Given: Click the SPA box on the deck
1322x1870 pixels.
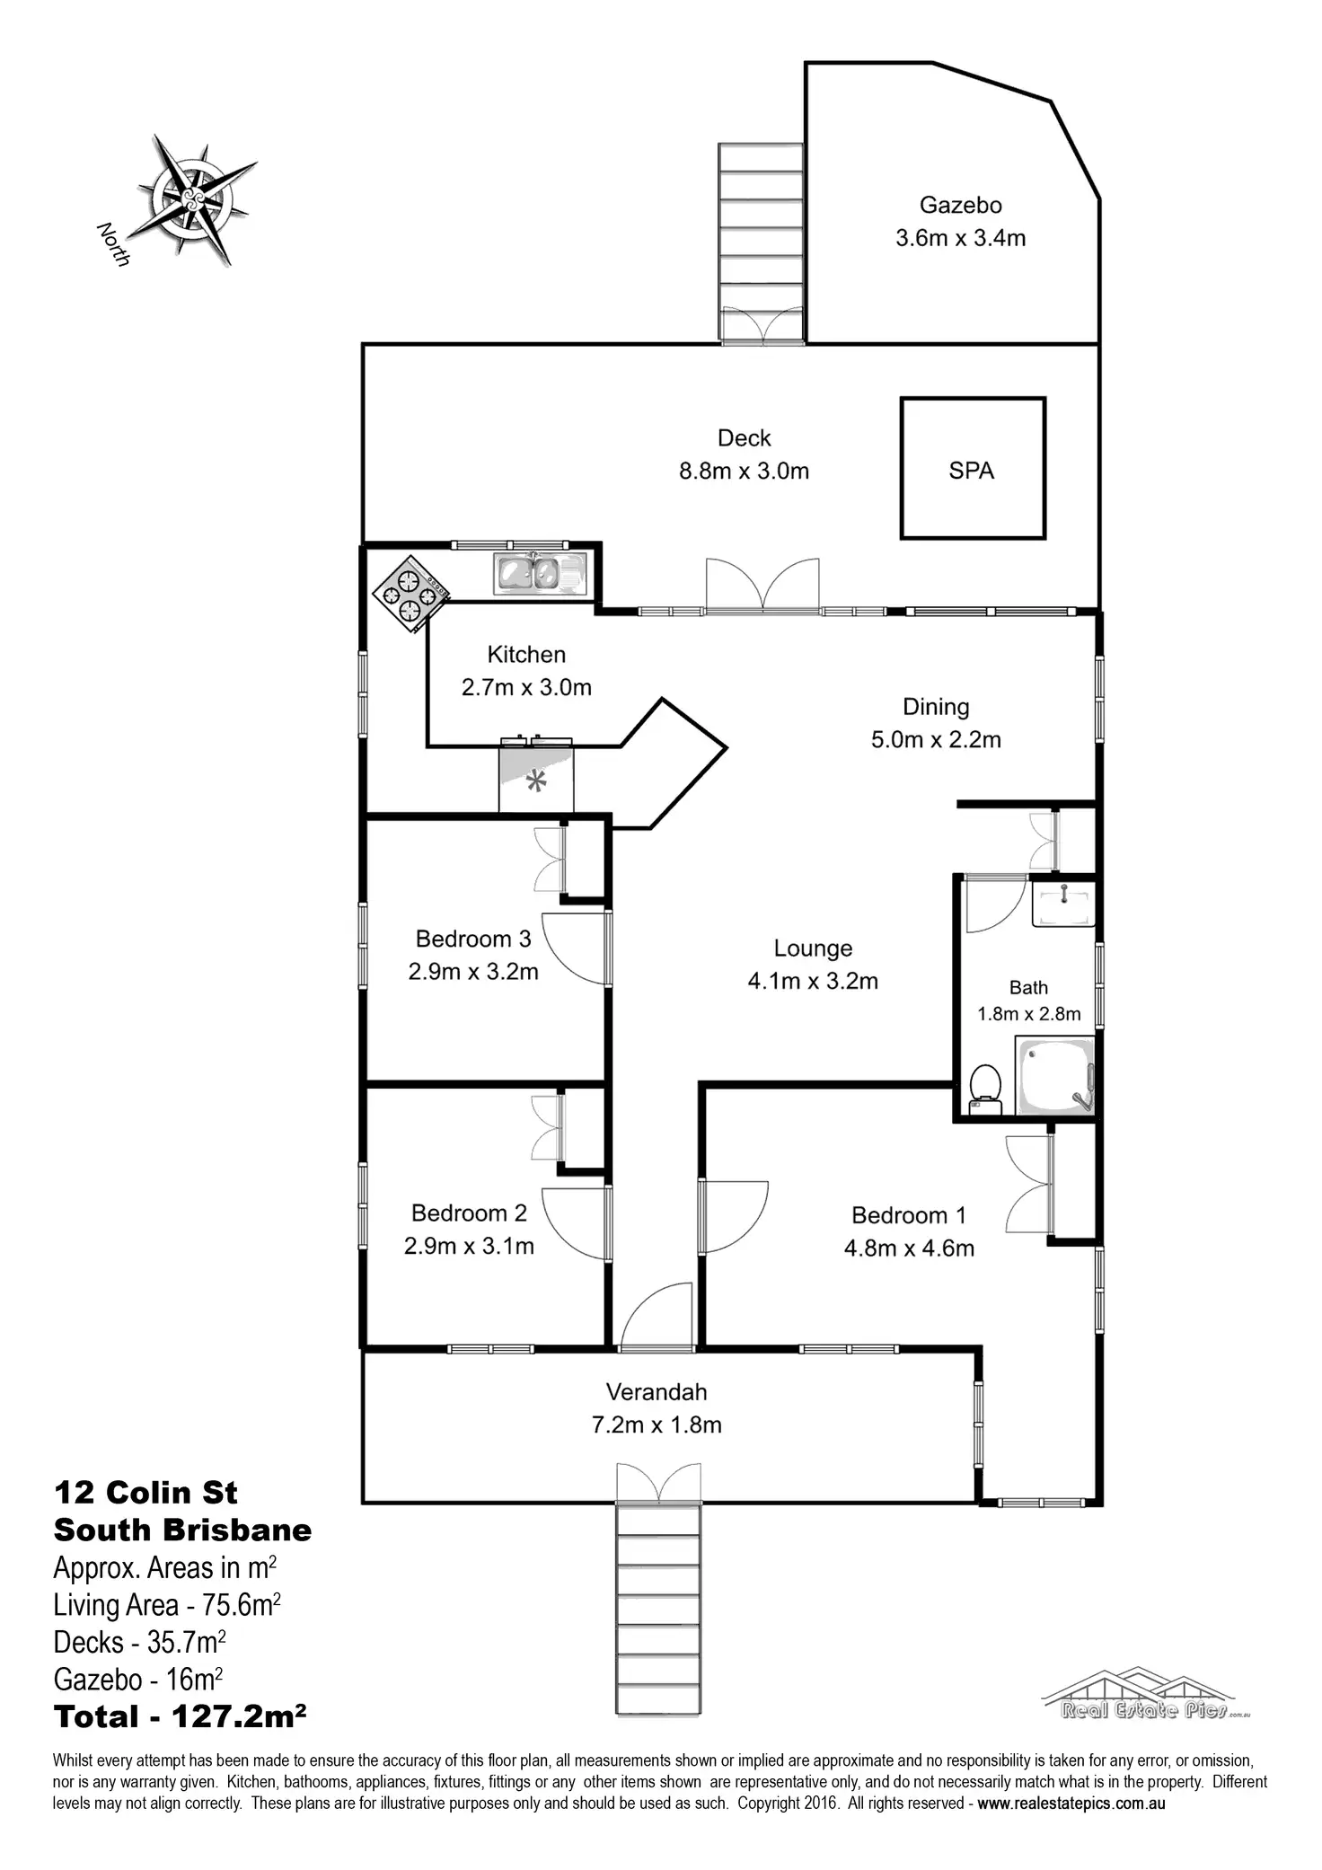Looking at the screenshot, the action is coord(973,469).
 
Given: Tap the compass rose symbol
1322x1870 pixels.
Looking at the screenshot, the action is coord(192,198).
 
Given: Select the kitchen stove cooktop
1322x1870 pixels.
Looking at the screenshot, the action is coord(410,594).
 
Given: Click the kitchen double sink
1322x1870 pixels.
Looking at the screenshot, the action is coord(539,574).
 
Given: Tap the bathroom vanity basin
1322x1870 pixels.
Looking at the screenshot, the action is coord(1063,903).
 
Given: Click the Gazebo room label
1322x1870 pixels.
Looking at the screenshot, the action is coord(960,206).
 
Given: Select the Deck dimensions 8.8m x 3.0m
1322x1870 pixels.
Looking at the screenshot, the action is coord(744,471).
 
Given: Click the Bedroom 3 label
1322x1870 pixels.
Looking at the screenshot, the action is coord(473,939).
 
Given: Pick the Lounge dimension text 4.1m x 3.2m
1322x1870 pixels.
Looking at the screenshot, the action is coord(813,981).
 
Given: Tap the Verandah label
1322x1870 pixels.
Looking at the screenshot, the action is coord(657,1392).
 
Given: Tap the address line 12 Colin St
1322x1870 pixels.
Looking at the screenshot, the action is coord(145,1493).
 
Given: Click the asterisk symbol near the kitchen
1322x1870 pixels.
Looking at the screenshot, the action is coord(536,781).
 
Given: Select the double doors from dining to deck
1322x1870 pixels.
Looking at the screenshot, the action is coord(762,586).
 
